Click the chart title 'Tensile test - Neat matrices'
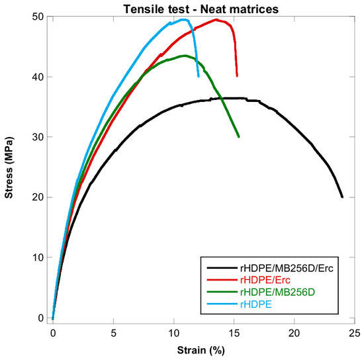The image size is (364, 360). tap(201, 9)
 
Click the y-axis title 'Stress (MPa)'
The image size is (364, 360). tap(9, 167)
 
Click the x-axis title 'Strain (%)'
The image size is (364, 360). tap(201, 350)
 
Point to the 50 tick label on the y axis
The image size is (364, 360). tap(38, 17)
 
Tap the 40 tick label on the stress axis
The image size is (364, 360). tap(38, 77)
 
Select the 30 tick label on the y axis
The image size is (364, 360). tap(38, 137)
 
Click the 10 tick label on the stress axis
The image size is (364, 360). tap(38, 257)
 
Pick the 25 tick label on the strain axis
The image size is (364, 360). tap(354, 334)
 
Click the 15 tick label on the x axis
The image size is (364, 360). tap(234, 334)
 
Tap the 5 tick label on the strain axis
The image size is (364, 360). tap(113, 334)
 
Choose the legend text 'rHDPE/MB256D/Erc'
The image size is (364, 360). tap(287, 268)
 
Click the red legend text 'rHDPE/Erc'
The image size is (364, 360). tap(265, 280)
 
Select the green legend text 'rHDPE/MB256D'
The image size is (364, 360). tap(277, 292)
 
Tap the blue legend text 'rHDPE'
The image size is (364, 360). tap(256, 304)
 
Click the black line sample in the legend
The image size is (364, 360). tap(222, 268)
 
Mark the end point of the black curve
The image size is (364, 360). tap(342, 197)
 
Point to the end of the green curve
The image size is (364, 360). tap(238, 136)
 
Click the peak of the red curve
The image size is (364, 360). tap(216, 20)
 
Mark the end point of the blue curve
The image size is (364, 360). tap(199, 76)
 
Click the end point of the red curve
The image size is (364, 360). tap(237, 75)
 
